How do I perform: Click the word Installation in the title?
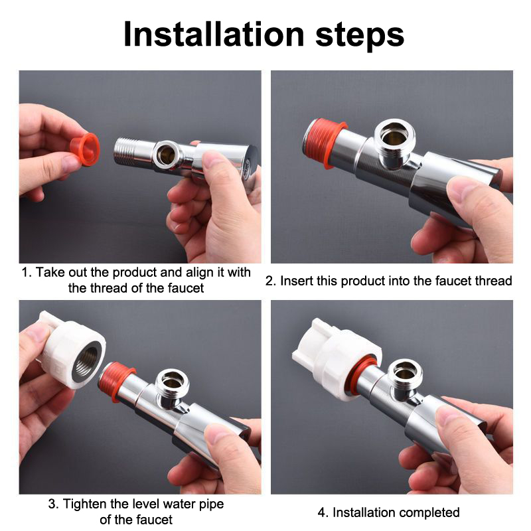coord(214,35)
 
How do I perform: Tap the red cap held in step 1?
coord(86,149)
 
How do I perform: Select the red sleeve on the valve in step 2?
coord(324,143)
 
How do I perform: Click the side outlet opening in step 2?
coord(395,137)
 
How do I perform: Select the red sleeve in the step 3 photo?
coord(117,381)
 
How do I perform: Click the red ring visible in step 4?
coord(362,374)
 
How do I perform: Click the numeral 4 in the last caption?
coord(321,512)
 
